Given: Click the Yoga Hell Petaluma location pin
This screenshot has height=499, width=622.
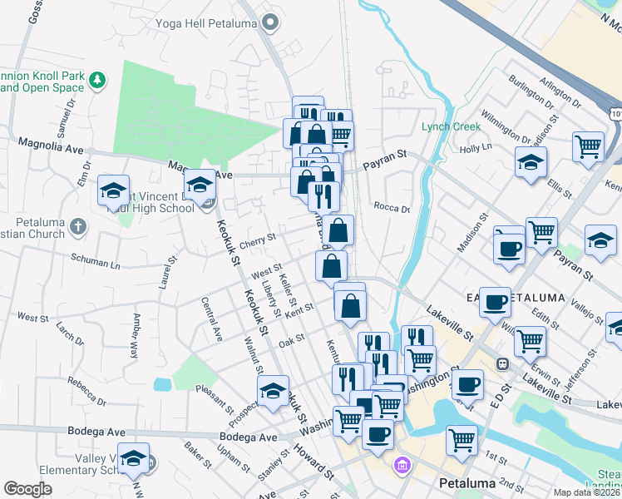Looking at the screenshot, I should coord(269,24).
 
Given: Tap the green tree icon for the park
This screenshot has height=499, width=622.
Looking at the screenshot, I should coord(98,81).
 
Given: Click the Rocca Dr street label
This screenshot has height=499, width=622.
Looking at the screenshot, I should coord(392,208).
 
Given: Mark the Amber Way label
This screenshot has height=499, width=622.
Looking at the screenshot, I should coord(133,335).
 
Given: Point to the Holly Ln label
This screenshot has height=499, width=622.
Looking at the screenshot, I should coord(476,148).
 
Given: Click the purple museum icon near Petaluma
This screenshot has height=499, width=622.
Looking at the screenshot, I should coord(403,464).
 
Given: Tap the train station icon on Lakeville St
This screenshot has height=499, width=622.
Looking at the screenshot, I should coord(502,363).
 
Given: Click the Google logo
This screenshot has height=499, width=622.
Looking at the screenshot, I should coord(27,489).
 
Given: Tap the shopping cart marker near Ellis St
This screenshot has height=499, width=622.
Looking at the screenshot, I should coord(588,146).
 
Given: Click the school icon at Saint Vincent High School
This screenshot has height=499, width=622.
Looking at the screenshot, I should coord(200,185).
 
